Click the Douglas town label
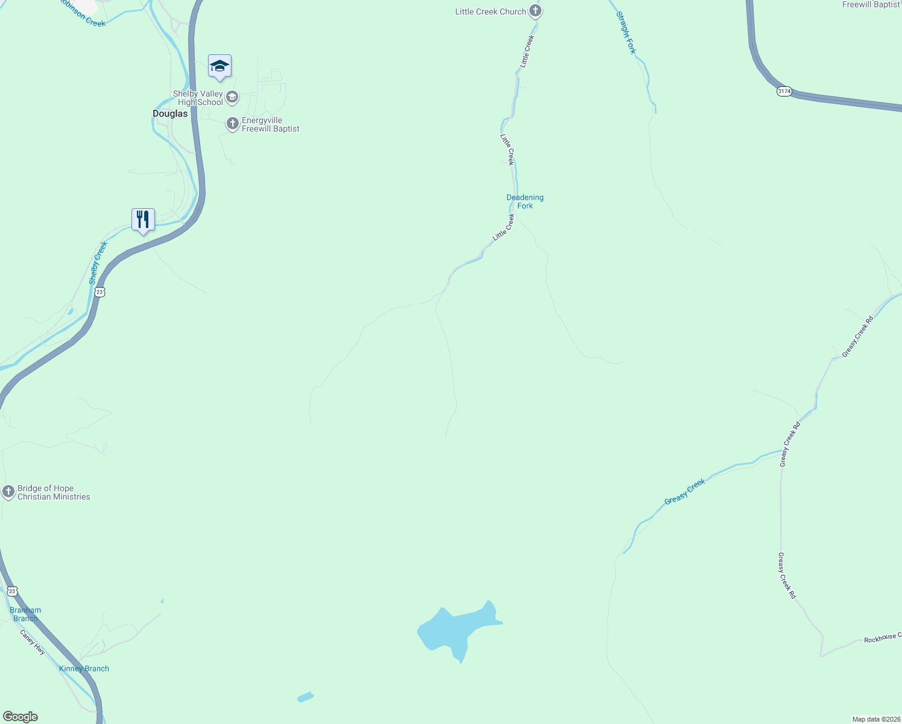(x=170, y=113)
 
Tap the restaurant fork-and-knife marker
(x=143, y=220)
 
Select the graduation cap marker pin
(x=219, y=66)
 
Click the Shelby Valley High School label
(x=198, y=98)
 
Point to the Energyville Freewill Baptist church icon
(x=233, y=124)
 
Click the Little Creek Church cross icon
(x=535, y=11)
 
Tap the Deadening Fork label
(x=525, y=202)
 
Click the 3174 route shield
(x=784, y=91)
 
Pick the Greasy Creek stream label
(x=684, y=492)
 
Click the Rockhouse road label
(x=882, y=638)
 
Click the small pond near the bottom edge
(x=306, y=697)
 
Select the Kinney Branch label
(x=84, y=668)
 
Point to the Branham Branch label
(x=25, y=614)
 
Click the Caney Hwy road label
(x=33, y=642)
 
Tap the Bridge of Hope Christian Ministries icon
(x=8, y=492)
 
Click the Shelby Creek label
(x=98, y=262)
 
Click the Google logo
(x=20, y=717)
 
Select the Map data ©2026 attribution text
(x=876, y=719)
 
